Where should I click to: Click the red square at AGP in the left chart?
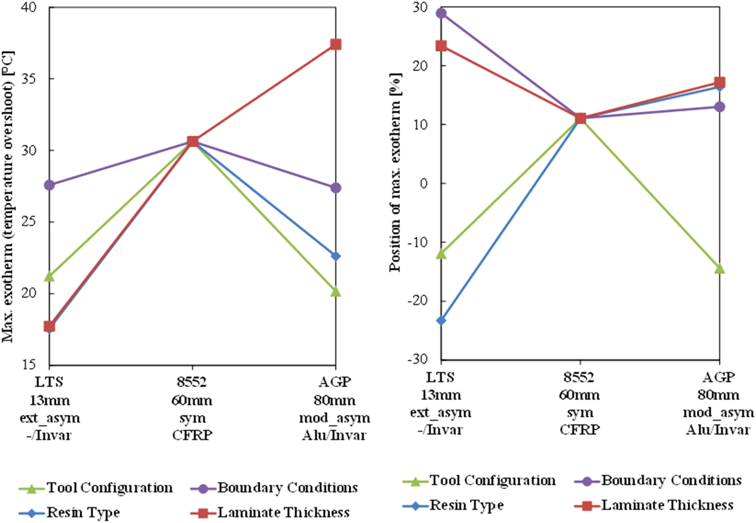tap(335, 44)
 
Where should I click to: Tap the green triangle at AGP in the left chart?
tap(335, 291)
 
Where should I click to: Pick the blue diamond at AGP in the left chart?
tap(335, 256)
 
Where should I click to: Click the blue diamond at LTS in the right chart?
tap(441, 320)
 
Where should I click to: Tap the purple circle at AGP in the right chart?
tap(719, 107)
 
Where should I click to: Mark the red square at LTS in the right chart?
tap(441, 46)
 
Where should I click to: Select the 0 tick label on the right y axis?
tap(424, 183)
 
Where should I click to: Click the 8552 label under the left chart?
tap(192, 382)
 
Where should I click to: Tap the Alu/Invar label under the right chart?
tap(718, 430)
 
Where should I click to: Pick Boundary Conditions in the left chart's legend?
tap(287, 488)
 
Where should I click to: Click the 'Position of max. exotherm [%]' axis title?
tap(396, 172)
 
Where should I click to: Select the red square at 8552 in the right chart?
tap(580, 118)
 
